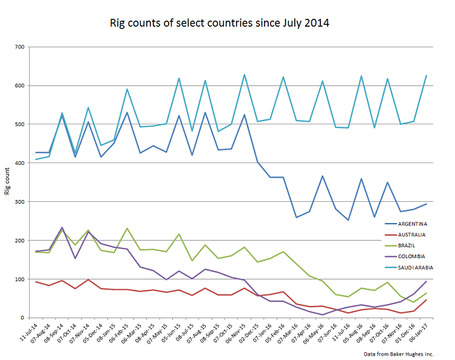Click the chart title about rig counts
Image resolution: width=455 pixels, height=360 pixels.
point(219,24)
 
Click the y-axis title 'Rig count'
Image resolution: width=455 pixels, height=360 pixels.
point(8,182)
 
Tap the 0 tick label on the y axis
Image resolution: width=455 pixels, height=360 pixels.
point(22,318)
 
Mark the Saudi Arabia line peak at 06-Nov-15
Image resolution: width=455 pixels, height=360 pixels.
point(244,75)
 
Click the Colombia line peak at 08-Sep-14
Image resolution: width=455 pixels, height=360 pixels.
point(62,227)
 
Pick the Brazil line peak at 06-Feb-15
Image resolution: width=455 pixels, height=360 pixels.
point(127,228)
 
